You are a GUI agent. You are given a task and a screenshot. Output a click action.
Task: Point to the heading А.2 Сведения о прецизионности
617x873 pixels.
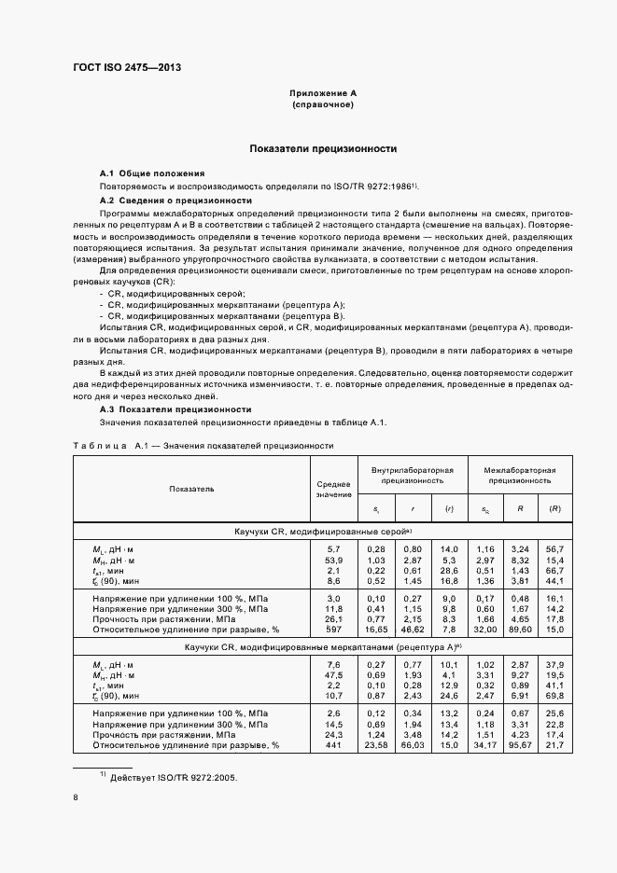pyautogui.click(x=175, y=201)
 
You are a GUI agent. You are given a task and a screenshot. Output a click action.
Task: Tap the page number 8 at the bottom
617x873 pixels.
pyautogui.click(x=76, y=797)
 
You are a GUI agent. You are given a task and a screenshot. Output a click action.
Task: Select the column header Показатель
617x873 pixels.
pyautogui.click(x=191, y=488)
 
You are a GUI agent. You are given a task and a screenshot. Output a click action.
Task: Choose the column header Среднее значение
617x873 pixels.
pyautogui.click(x=333, y=488)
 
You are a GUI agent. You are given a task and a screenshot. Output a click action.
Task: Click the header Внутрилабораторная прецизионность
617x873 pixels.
pyautogui.click(x=412, y=476)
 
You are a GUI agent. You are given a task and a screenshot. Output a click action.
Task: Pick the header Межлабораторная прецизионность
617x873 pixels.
pyautogui.click(x=519, y=476)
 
